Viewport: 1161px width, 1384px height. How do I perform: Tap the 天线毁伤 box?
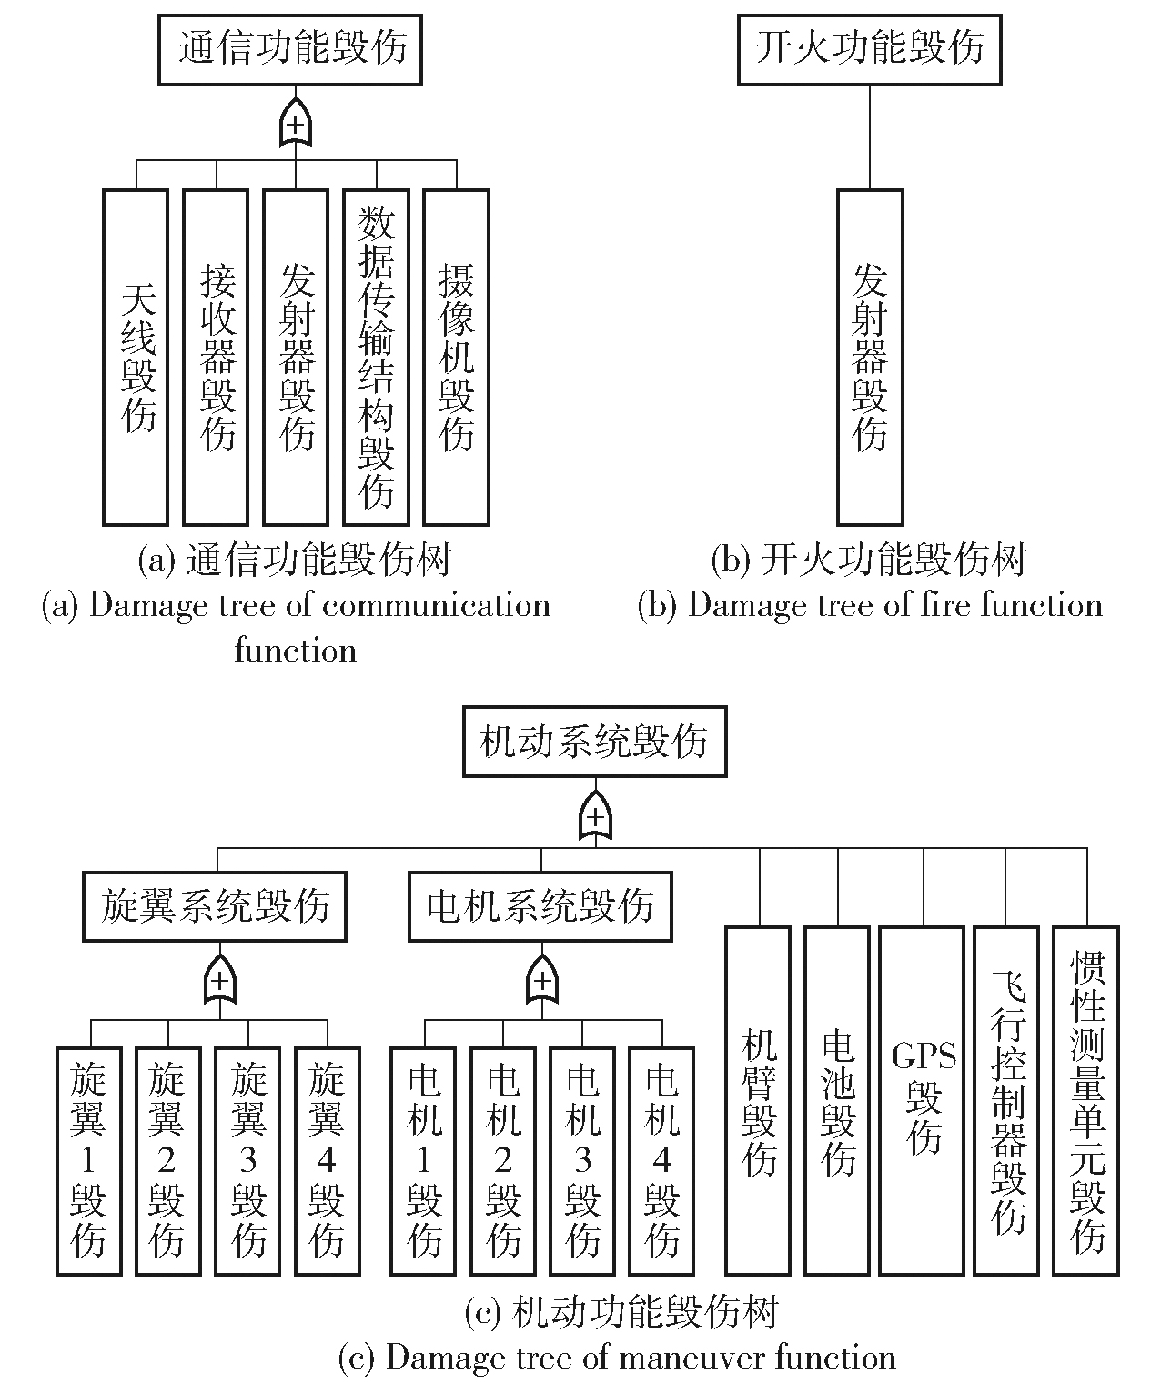pyautogui.click(x=136, y=357)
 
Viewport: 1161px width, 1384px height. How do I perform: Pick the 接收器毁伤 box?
pyautogui.click(x=216, y=357)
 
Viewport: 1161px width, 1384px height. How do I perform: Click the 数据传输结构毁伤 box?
pyautogui.click(x=376, y=357)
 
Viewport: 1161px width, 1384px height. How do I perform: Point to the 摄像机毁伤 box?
pyautogui.click(x=456, y=357)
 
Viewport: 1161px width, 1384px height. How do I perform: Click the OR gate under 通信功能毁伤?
pyautogui.click(x=295, y=124)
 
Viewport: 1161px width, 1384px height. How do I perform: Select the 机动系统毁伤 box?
pyautogui.click(x=594, y=742)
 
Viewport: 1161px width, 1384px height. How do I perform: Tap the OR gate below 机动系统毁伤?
pyautogui.click(x=595, y=816)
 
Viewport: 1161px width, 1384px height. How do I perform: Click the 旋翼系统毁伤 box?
pyautogui.click(x=215, y=906)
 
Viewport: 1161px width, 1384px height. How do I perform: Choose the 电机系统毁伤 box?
pyautogui.click(x=540, y=906)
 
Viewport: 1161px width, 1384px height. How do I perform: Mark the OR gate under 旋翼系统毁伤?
pyautogui.click(x=219, y=980)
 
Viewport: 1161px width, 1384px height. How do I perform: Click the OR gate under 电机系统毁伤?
pyautogui.click(x=541, y=980)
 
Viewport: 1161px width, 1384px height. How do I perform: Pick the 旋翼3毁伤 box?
pyautogui.click(x=247, y=1160)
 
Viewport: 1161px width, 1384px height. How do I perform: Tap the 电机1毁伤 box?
pyautogui.click(x=424, y=1160)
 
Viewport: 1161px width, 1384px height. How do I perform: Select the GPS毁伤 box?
pyautogui.click(x=922, y=1100)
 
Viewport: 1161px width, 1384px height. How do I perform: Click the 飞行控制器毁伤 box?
pyautogui.click(x=1005, y=1100)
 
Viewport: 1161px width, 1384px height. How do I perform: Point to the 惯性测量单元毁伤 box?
pyautogui.click(x=1086, y=1100)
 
